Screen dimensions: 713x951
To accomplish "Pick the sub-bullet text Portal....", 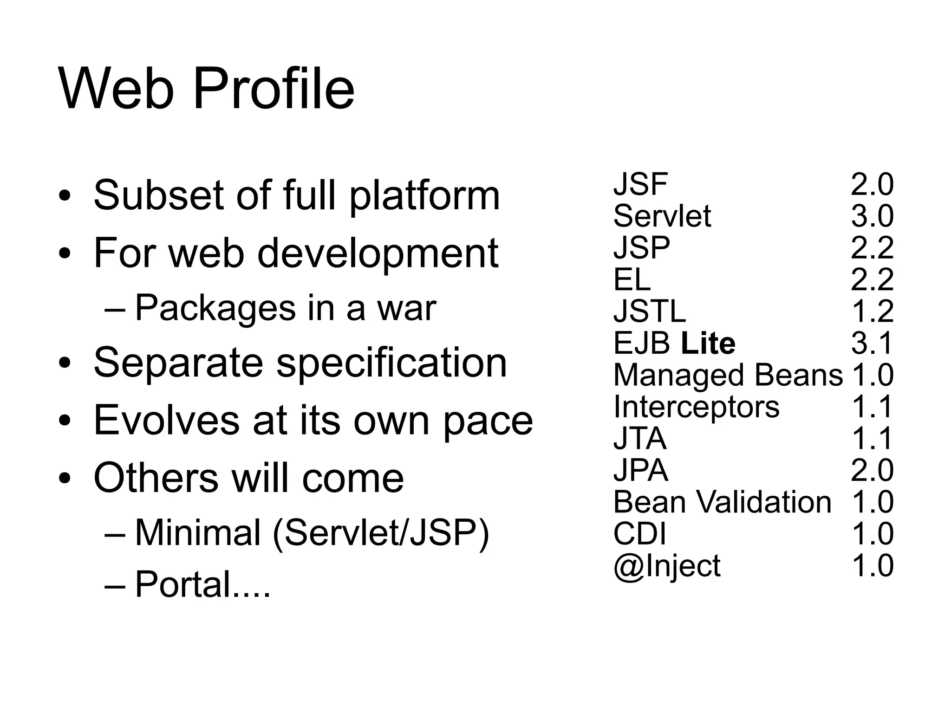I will (202, 584).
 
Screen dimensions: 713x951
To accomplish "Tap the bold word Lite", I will (708, 344).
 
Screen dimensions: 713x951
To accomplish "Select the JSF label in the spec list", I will (640, 184).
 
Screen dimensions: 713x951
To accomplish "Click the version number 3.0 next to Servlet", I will (872, 216).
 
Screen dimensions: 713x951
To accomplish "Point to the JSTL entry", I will (649, 311).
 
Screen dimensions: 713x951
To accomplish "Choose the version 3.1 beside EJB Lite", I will (872, 344).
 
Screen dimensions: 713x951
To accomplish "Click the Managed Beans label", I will (728, 375).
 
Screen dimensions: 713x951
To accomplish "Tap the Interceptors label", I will (696, 407).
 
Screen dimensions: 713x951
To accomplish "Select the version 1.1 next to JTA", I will (872, 439).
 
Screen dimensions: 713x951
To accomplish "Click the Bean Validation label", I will (722, 502).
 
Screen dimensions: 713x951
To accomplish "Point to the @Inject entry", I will (667, 566).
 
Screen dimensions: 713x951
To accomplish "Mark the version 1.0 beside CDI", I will (872, 534).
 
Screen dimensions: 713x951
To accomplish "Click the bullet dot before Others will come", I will (65, 478).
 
